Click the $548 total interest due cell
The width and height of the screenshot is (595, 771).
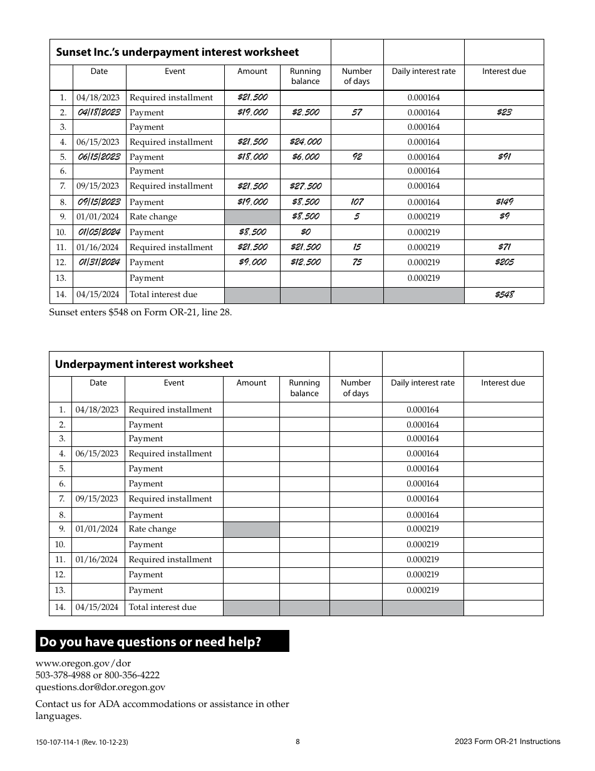(504, 294)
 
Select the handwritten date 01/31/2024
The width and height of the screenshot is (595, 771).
(99, 262)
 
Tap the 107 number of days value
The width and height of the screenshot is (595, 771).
(356, 202)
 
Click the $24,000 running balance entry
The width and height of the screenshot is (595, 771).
(305, 142)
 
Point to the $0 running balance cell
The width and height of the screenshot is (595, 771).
(305, 232)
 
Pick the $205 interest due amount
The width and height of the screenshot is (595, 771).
(504, 262)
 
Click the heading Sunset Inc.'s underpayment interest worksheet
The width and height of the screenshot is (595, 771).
(177, 52)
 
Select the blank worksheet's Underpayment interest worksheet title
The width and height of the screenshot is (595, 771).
(144, 364)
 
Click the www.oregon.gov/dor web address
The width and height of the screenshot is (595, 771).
(83, 663)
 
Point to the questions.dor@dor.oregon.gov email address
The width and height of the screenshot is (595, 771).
(100, 687)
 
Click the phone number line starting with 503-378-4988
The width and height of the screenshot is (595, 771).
(97, 675)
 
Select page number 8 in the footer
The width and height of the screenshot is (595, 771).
(297, 742)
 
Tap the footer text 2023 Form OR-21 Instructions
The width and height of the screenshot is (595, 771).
(507, 742)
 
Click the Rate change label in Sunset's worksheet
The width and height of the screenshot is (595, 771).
(153, 217)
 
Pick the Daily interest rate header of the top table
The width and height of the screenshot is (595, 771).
(423, 71)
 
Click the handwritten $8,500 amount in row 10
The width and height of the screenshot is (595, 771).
(252, 232)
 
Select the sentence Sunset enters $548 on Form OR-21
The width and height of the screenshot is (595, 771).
(140, 312)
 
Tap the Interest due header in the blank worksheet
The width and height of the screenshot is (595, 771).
(503, 383)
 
